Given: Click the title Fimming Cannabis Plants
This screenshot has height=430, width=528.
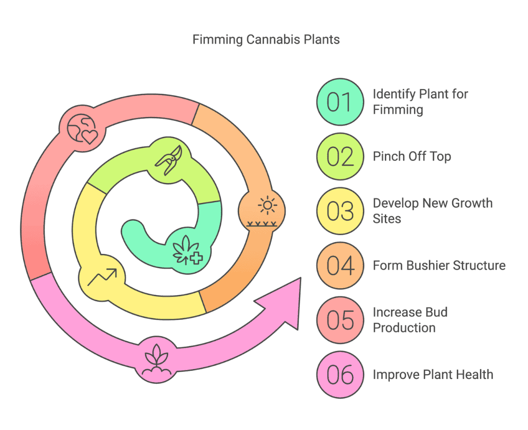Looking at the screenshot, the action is point(266,40).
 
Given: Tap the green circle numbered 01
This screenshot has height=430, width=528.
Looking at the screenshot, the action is point(340,102).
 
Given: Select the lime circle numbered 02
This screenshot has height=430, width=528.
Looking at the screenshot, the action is point(340,157).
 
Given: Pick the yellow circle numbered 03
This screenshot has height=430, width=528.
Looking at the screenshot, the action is point(340,211).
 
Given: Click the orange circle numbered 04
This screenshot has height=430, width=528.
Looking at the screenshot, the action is point(340,266).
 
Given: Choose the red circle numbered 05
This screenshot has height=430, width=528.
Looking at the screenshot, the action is point(340,320).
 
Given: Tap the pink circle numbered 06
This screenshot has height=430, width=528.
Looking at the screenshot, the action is point(340,375).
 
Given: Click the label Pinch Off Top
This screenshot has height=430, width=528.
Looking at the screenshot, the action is point(412,157).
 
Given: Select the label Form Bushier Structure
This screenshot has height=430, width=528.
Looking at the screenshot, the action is point(439,266).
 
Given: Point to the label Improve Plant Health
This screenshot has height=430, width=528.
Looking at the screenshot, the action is point(433,375).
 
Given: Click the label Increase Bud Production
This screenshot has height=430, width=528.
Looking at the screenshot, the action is point(410,320).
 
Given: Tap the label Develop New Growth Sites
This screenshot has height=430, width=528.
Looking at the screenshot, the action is point(433,211).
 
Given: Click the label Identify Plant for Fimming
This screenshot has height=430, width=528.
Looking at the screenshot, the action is point(420,102).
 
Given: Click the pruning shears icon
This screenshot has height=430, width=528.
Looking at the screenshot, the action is point(169,160).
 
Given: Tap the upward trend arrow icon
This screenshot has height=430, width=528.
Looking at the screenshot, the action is point(102,277).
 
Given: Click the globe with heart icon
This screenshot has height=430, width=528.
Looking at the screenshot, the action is point(82,129).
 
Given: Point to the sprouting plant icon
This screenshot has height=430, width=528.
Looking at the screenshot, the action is point(157,360).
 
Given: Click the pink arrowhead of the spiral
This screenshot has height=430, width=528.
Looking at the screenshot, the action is point(283,303).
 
